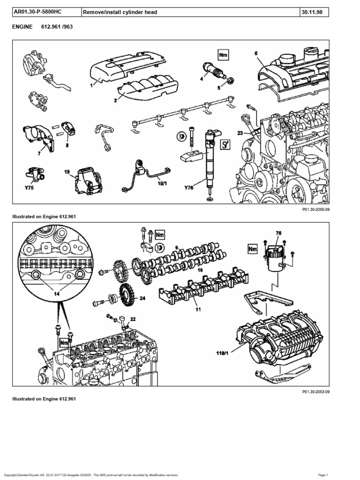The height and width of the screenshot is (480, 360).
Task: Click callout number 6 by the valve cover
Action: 256,53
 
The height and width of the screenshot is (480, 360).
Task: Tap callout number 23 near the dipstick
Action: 240,133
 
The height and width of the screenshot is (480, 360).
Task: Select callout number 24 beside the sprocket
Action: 142,298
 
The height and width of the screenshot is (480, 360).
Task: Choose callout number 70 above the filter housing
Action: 278,232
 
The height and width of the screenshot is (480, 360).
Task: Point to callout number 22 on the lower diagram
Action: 133,319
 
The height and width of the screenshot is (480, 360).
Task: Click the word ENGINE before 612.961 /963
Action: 22,27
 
